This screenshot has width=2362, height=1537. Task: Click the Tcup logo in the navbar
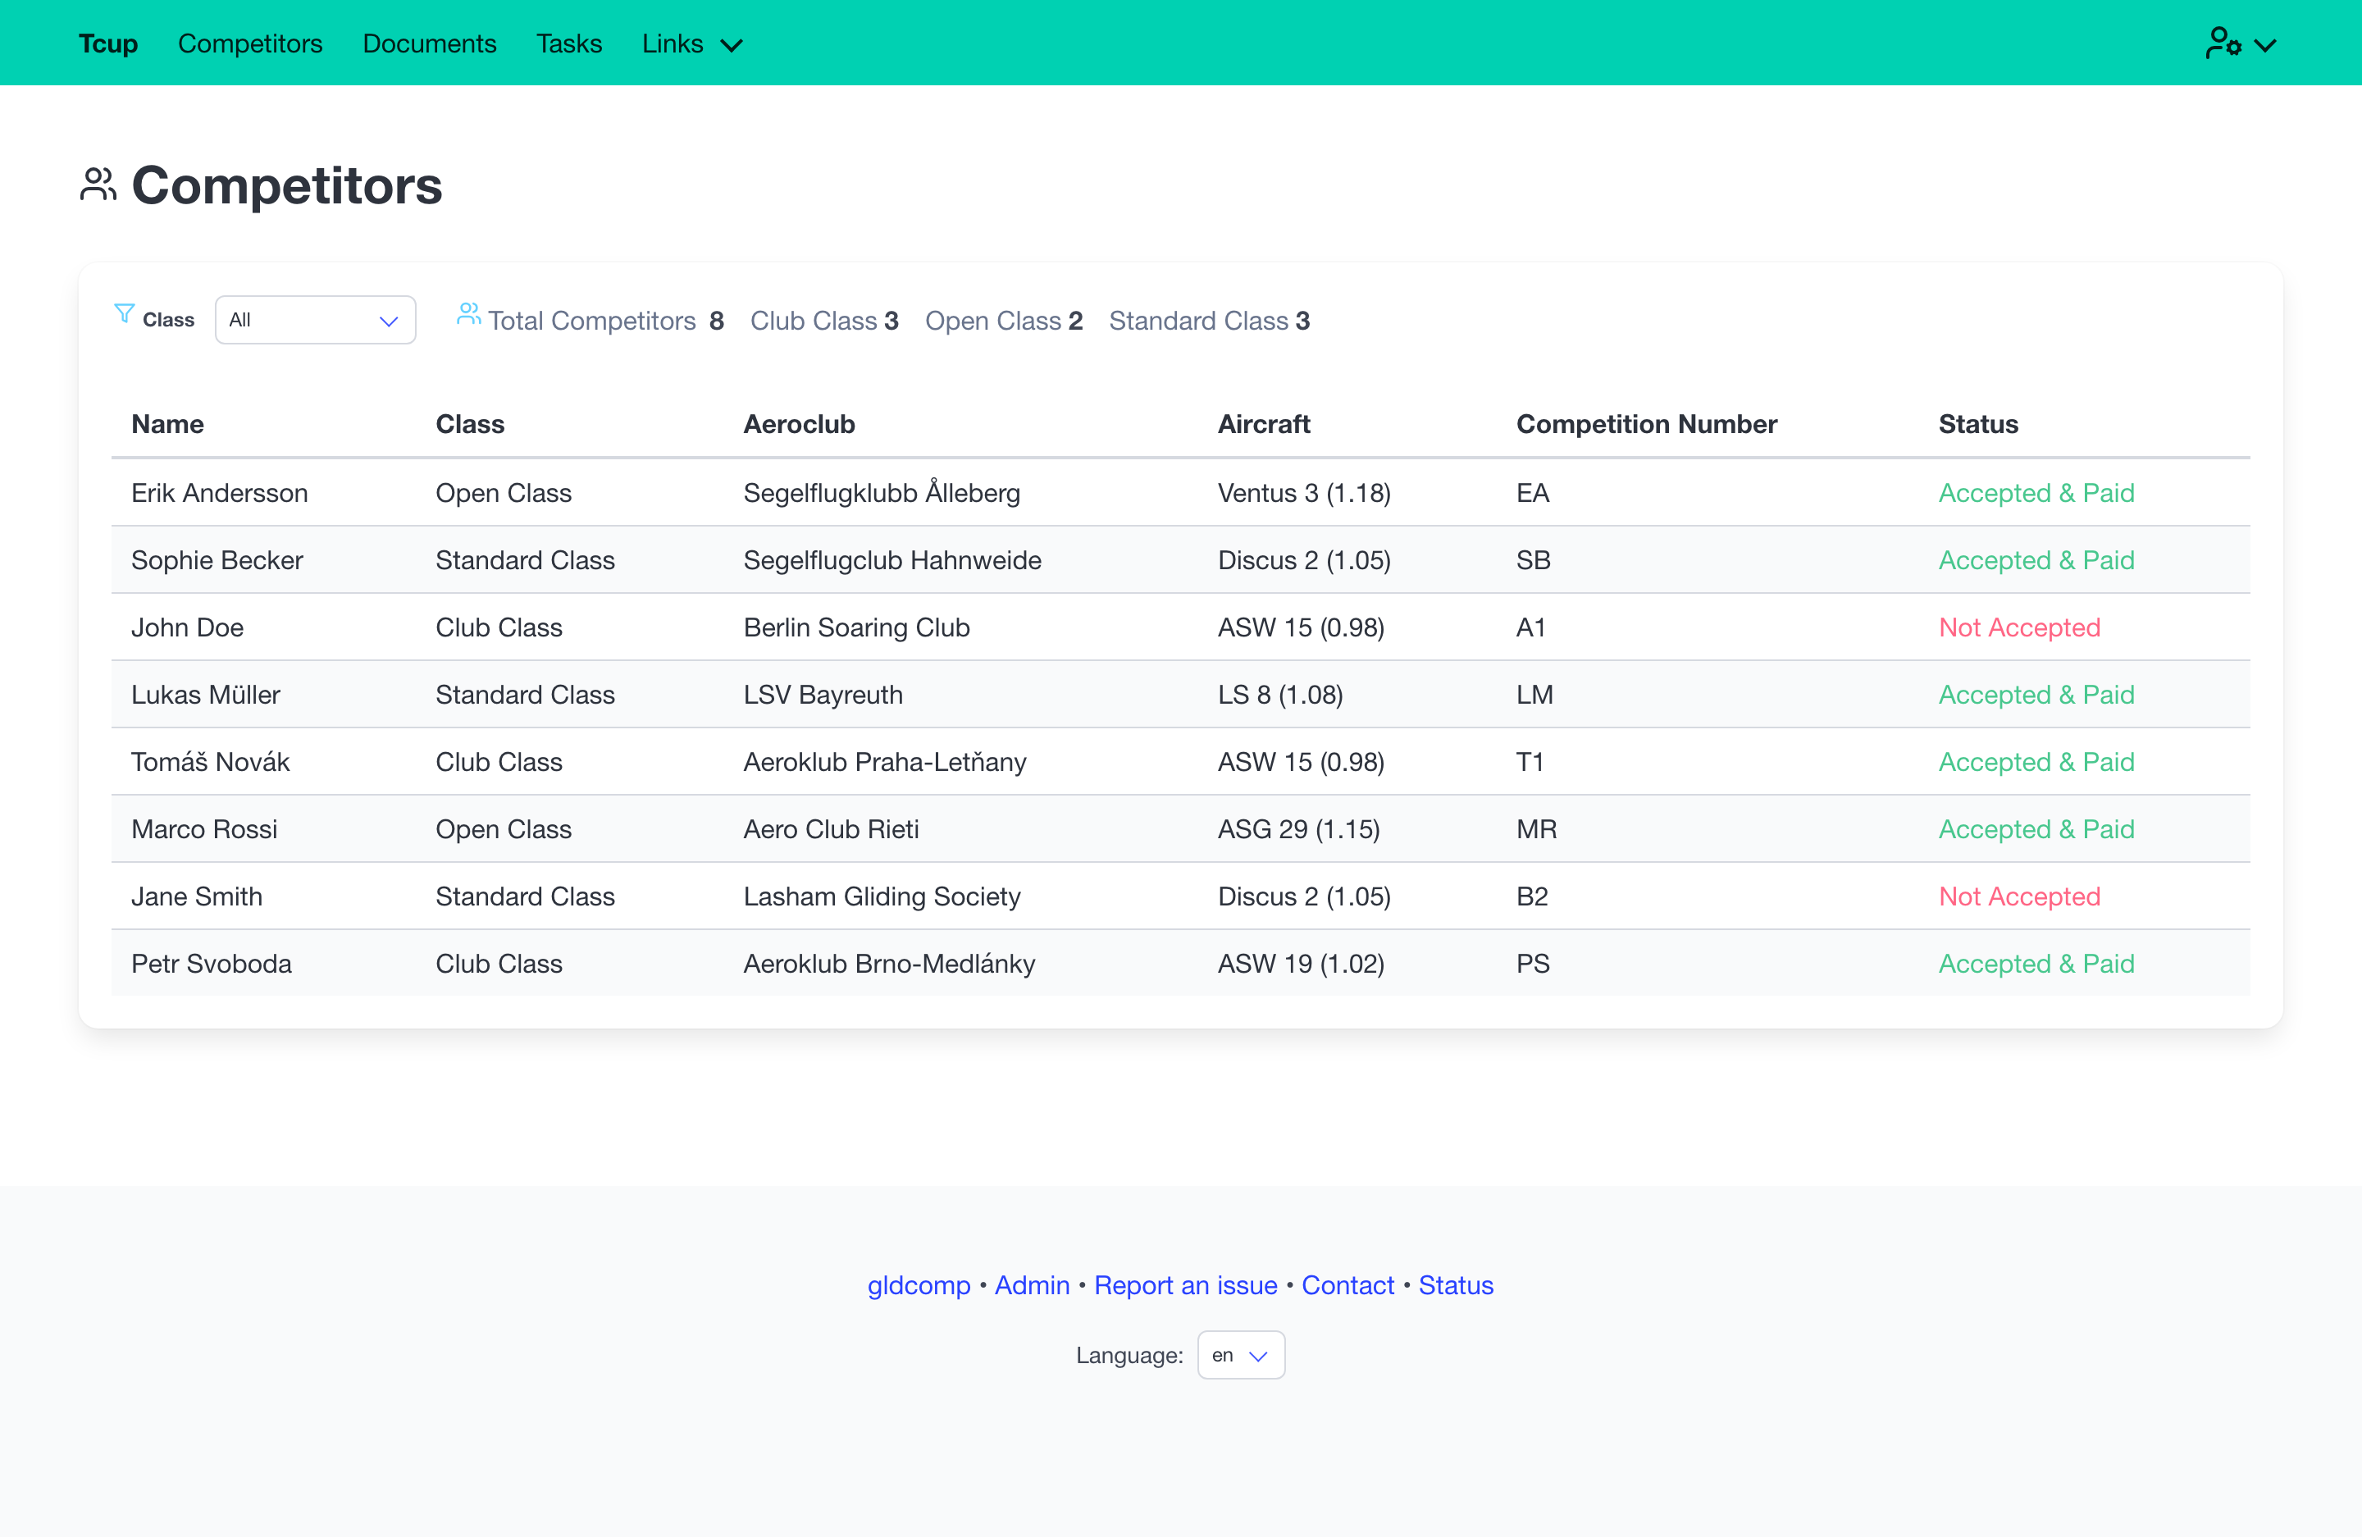[108, 43]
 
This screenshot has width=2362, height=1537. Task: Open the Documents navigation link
[429, 43]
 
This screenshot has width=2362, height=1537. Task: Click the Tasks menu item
[568, 43]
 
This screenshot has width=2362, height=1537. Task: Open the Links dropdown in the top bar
[691, 43]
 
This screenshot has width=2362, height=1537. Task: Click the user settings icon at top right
[2240, 43]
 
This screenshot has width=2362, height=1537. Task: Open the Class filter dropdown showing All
[315, 320]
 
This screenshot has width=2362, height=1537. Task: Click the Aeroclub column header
[799, 425]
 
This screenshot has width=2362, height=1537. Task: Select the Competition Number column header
[1647, 425]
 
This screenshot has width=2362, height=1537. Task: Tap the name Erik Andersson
[219, 493]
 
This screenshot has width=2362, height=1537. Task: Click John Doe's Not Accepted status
[2020, 627]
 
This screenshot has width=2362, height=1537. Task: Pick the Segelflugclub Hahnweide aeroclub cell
[892, 561]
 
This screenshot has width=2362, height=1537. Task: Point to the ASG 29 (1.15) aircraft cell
[1299, 829]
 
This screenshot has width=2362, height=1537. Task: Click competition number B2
[1532, 897]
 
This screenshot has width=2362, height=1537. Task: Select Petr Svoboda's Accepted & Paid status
[2036, 964]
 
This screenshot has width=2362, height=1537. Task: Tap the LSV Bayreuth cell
[823, 695]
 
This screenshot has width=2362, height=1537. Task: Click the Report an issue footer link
[1185, 1285]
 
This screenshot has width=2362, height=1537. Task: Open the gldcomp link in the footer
[919, 1286]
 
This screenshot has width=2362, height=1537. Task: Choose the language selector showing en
[1241, 1356]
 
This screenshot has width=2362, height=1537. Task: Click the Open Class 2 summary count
[1003, 321]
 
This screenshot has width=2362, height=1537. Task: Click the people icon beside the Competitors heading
[98, 185]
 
